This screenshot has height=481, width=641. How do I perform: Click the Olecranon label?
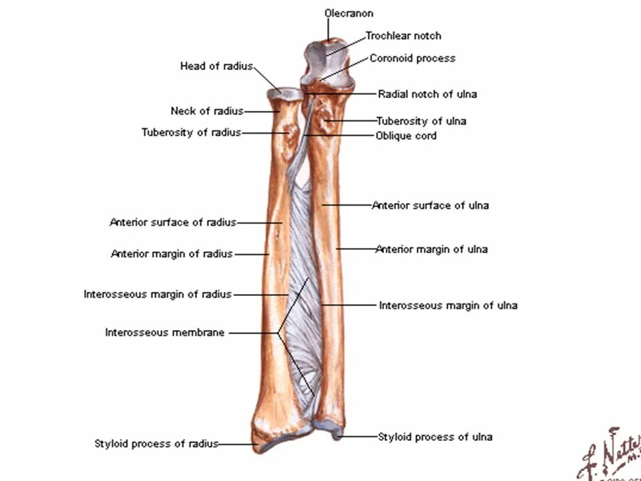[x=349, y=13]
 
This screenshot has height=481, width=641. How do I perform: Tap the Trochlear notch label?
[x=403, y=35]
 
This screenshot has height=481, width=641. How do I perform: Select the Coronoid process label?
[x=413, y=58]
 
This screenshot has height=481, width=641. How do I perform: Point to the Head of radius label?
[x=216, y=66]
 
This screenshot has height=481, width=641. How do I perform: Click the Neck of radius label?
[x=206, y=111]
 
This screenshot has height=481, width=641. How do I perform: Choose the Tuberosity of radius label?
[x=191, y=132]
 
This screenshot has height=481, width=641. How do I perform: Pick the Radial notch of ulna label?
[x=427, y=94]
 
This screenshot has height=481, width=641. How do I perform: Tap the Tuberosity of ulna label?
[x=421, y=121]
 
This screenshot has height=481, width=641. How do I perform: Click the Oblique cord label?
[x=406, y=136]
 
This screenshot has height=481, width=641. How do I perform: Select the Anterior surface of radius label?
[x=173, y=222]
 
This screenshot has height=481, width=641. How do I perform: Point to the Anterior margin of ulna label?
[x=431, y=249]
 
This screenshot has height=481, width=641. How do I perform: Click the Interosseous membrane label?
[x=165, y=332]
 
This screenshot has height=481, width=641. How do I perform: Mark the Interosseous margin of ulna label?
[x=448, y=305]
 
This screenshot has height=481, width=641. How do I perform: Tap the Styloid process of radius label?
[x=156, y=444]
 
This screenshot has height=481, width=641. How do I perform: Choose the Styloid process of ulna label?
[x=435, y=437]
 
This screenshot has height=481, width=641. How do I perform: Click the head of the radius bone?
[x=284, y=94]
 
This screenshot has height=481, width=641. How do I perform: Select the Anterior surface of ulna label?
[x=430, y=205]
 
